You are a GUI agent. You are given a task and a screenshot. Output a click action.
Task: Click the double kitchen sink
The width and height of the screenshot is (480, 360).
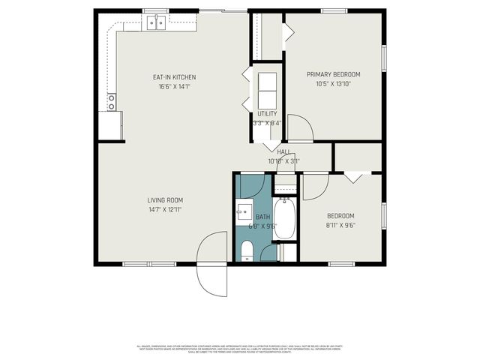pyautogui.click(x=156, y=23)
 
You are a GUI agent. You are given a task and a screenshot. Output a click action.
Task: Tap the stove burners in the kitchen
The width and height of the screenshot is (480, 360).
pyautogui.click(x=112, y=102)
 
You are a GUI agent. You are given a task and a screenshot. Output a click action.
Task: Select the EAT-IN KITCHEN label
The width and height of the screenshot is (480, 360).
pyautogui.click(x=174, y=77)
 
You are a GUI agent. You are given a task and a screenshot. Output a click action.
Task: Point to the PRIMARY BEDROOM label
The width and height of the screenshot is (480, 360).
pyautogui.click(x=334, y=74)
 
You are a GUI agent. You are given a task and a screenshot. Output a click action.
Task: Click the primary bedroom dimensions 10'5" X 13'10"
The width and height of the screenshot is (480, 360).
pyautogui.click(x=334, y=84)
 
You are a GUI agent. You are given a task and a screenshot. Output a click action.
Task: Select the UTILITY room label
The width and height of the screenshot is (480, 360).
pyautogui.click(x=267, y=114)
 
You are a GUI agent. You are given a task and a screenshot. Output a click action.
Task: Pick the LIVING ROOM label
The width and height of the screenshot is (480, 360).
pyautogui.click(x=165, y=200)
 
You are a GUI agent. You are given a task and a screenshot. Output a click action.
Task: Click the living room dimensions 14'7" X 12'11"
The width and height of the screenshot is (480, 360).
pyautogui.click(x=165, y=210)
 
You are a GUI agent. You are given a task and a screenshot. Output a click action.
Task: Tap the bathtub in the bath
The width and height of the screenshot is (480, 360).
pyautogui.click(x=284, y=219)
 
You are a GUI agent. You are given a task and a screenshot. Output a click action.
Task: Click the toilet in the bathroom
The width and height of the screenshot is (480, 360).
pyautogui.click(x=248, y=250)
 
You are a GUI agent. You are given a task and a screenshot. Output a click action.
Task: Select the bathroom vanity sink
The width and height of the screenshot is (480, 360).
pyautogui.click(x=244, y=211)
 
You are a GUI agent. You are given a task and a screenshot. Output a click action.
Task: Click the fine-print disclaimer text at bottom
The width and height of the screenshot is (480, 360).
pyautogui.click(x=240, y=349)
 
